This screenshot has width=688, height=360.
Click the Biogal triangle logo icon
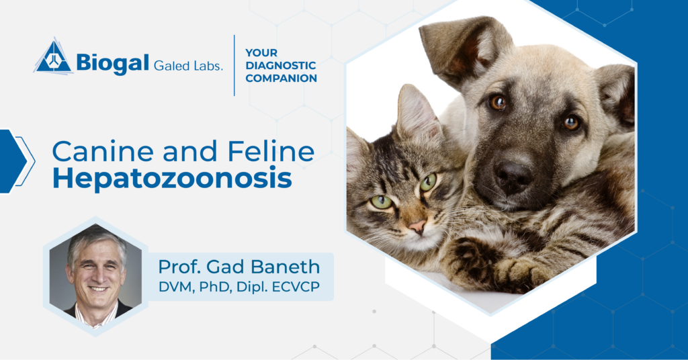click(53, 56)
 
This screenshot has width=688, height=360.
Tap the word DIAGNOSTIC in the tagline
click(280, 65)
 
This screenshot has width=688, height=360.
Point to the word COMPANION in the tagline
click(281, 78)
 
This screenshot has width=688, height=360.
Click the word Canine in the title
click(91, 152)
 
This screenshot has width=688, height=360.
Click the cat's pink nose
click(417, 226)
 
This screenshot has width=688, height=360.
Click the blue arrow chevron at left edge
click(13, 161)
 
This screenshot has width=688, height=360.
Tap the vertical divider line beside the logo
click(234, 65)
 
